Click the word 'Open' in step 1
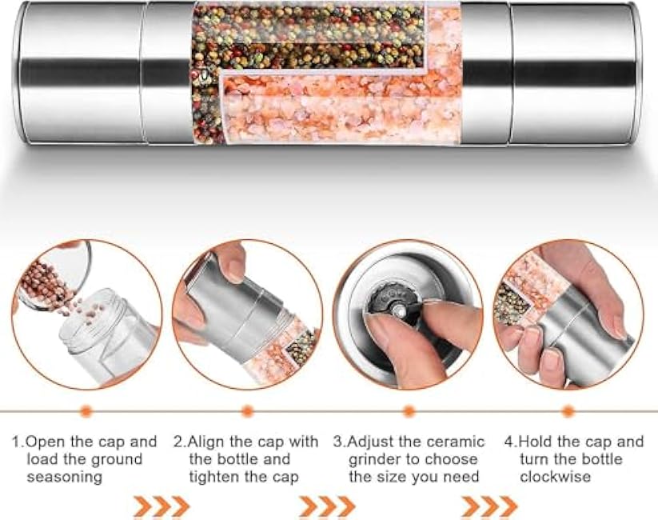pyautogui.click(x=43, y=442)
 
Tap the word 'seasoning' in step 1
pyautogui.click(x=64, y=477)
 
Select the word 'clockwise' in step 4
pyautogui.click(x=555, y=477)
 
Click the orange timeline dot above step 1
pyautogui.click(x=86, y=411)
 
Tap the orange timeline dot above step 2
pyautogui.click(x=247, y=411)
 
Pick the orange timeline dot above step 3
pyautogui.click(x=409, y=411)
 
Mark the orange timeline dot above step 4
pyautogui.click(x=568, y=411)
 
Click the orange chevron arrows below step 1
pyautogui.click(x=161, y=506)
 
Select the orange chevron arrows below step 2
pyautogui.click(x=327, y=506)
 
